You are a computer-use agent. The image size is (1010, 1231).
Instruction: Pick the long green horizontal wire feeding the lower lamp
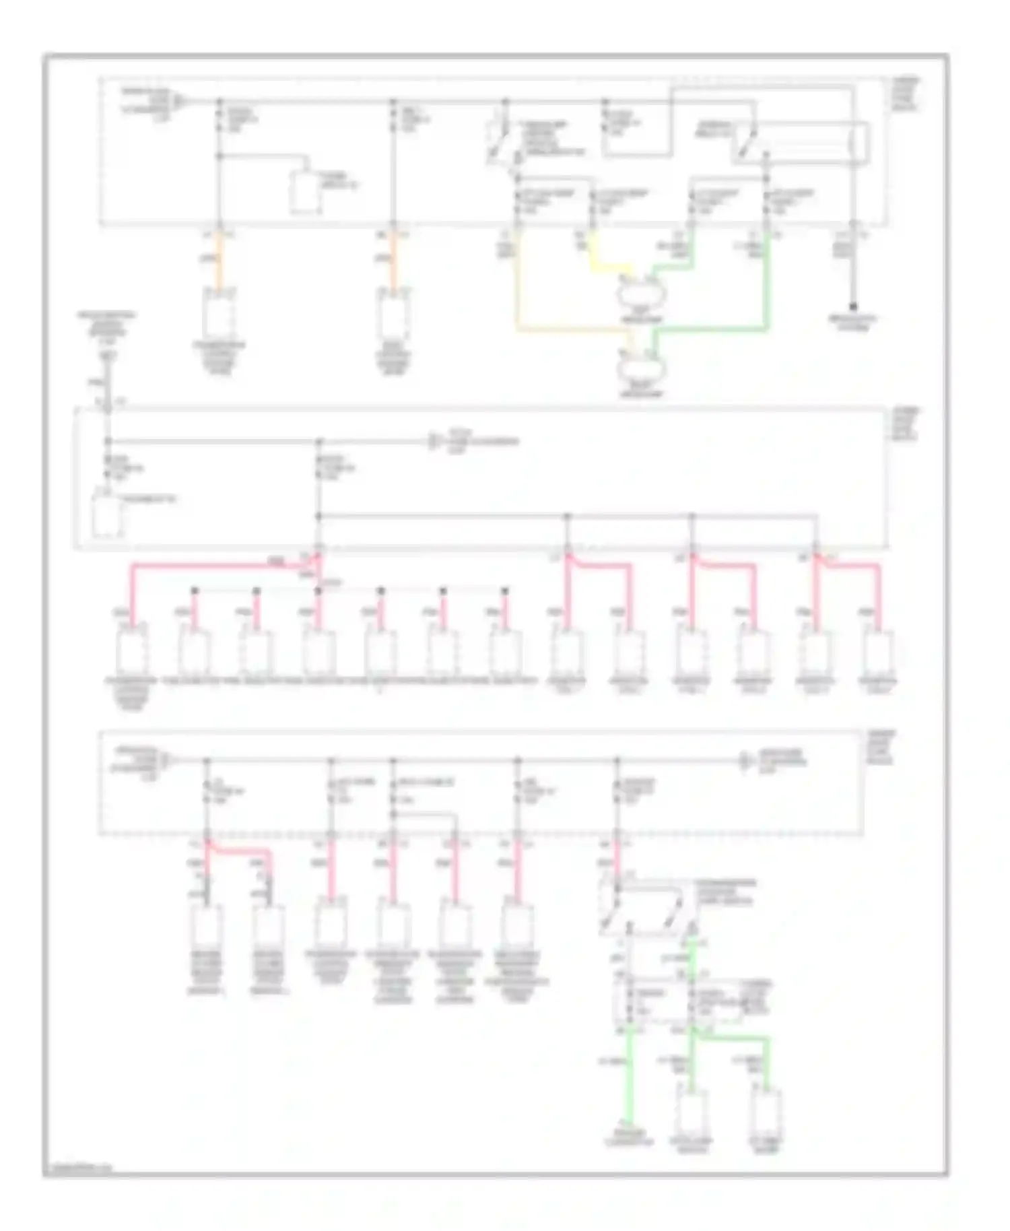(x=714, y=329)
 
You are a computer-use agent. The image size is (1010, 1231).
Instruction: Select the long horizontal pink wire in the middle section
(x=209, y=564)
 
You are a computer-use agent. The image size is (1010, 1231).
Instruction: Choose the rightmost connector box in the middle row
(x=879, y=650)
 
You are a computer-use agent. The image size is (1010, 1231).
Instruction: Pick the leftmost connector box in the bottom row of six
(x=206, y=926)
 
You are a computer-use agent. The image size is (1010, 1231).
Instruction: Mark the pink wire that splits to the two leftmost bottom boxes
(x=239, y=851)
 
